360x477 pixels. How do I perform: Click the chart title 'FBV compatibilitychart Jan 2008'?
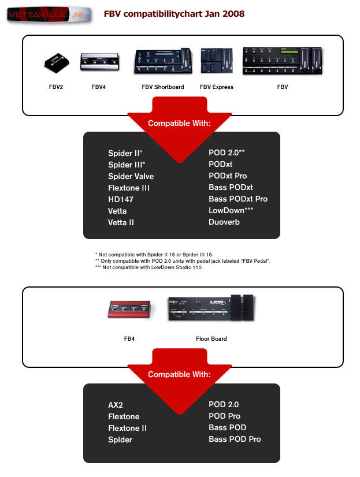pyautogui.click(x=174, y=13)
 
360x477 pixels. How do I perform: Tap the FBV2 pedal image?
pyautogui.click(x=55, y=64)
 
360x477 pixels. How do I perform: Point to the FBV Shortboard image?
pyautogui.click(x=163, y=62)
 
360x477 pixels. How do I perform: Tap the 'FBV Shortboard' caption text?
pyautogui.click(x=163, y=87)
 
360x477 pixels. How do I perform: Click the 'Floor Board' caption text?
pyautogui.click(x=211, y=338)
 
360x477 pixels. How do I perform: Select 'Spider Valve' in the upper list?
pyautogui.click(x=131, y=176)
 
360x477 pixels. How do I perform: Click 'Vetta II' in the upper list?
pyautogui.click(x=121, y=222)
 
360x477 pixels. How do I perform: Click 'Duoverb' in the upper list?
pyautogui.click(x=224, y=222)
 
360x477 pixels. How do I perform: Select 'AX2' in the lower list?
pyautogui.click(x=116, y=405)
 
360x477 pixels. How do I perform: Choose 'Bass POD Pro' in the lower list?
pyautogui.click(x=235, y=439)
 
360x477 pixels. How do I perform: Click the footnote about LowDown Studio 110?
pyautogui.click(x=149, y=267)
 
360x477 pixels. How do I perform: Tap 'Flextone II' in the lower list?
pyautogui.click(x=128, y=428)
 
